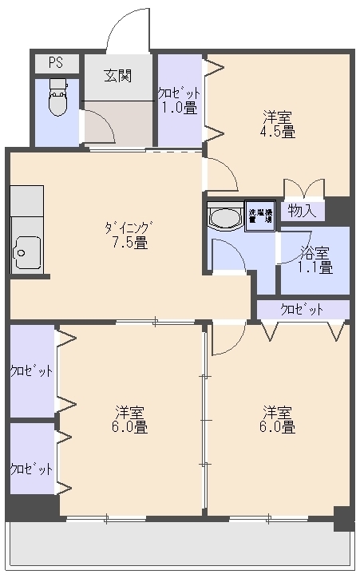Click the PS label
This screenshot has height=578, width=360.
coord(55,62)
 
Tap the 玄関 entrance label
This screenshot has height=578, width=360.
coord(117,76)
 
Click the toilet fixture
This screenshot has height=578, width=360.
coord(57,97)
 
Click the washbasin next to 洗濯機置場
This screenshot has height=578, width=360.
coord(224,217)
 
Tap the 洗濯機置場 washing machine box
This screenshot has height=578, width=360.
coord(259,216)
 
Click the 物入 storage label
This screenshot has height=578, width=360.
coord(303,212)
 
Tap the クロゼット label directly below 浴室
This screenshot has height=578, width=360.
coord(303,309)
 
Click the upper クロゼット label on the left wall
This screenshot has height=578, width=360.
coord(31,371)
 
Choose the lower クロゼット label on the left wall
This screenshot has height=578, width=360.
coord(31,469)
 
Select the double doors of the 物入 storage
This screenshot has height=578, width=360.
coord(303,188)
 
